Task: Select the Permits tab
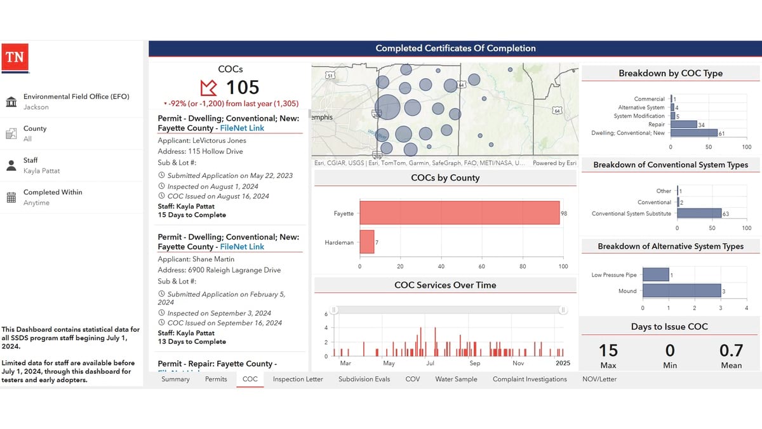[216, 379]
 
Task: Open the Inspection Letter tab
[298, 379]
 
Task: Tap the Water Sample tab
[456, 379]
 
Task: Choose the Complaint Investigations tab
[530, 379]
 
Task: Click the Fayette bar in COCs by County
[459, 213]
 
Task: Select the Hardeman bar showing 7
[367, 242]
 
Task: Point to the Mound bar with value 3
[681, 291]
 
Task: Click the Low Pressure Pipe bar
[656, 275]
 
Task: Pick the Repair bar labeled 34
[683, 125]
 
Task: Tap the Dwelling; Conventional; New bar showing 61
[693, 133]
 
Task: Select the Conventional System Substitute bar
[698, 214]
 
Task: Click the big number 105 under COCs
[243, 87]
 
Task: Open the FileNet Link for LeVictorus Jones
[242, 128]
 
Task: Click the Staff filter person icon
[11, 165]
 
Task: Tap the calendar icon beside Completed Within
[11, 197]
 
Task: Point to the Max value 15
[608, 350]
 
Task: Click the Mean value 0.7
[731, 350]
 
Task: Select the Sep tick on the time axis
[475, 364]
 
